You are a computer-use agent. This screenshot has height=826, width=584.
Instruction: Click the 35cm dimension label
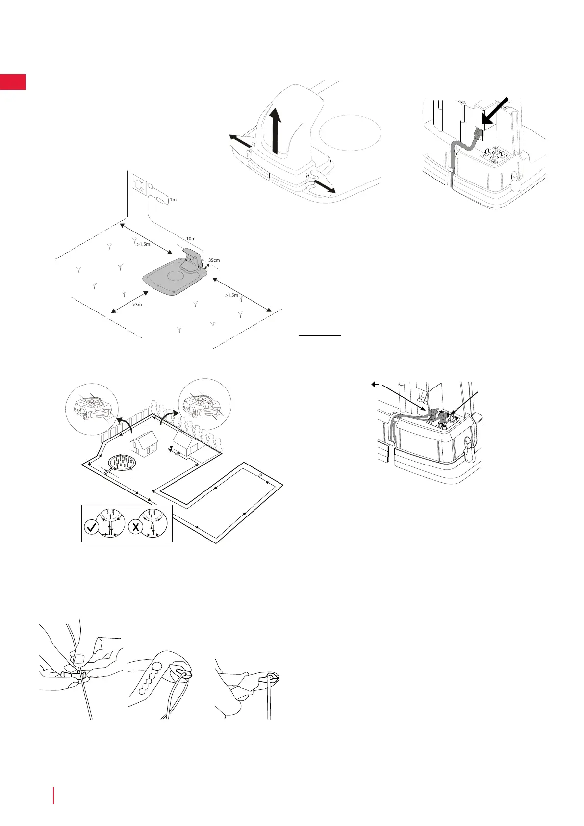[214, 260]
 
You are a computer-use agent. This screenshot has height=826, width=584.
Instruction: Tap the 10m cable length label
[191, 239]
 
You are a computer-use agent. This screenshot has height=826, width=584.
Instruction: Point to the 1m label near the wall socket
[173, 200]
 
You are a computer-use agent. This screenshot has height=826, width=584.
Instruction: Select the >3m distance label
[137, 305]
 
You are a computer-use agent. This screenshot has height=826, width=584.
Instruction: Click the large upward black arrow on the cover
[277, 129]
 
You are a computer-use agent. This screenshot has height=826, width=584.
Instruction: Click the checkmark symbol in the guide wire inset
[92, 528]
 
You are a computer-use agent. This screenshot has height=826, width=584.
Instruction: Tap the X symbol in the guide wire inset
[134, 528]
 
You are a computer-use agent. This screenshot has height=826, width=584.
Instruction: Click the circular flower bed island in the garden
[122, 463]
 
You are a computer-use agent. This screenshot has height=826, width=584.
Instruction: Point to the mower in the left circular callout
[91, 407]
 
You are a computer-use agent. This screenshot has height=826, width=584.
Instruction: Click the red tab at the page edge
[13, 82]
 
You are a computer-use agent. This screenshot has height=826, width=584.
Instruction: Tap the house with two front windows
[144, 443]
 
